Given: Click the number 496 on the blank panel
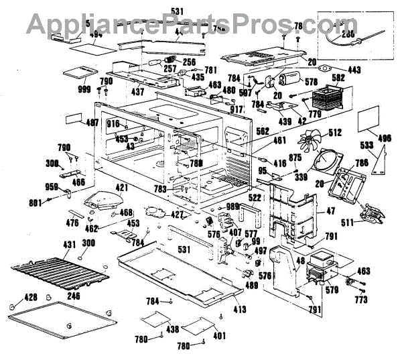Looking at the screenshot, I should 385,139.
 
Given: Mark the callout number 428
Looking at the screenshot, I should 12,295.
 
